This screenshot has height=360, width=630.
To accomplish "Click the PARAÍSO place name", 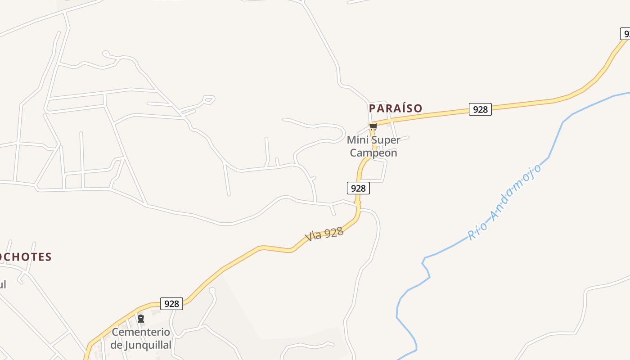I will (396, 108).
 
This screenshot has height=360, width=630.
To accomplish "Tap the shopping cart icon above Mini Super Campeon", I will (373, 126).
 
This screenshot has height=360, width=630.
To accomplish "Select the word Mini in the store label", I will (358, 140).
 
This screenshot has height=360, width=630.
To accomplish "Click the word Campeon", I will (373, 153).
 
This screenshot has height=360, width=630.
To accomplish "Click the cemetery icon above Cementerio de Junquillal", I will (141, 319).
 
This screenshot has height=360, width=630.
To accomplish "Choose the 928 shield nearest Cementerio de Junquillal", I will (171, 304).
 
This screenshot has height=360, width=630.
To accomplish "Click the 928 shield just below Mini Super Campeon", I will (358, 188).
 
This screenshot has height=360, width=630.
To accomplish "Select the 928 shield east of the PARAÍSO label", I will (480, 109).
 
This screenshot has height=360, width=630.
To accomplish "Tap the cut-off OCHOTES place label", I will (26, 257).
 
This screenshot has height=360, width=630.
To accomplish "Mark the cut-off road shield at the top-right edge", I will (625, 34).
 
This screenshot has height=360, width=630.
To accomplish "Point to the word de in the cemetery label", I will (116, 345).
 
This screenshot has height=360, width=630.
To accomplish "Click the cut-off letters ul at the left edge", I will (3, 284).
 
